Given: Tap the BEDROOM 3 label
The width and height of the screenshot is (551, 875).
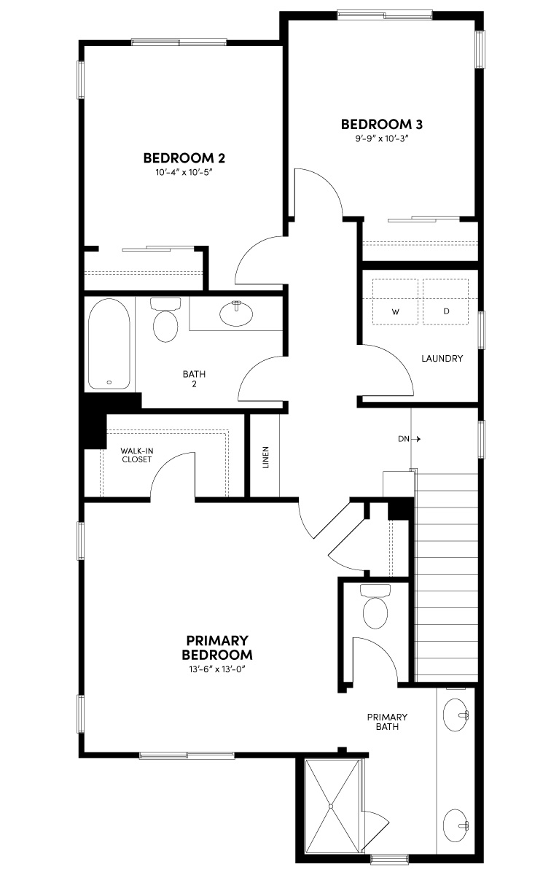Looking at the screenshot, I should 382,123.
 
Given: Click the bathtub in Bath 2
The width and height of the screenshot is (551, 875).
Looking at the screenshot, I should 109,343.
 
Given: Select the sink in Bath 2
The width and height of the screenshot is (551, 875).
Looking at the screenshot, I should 236,314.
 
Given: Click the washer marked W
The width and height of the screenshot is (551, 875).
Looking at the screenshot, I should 396,302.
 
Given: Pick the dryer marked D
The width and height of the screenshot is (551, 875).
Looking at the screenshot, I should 446,302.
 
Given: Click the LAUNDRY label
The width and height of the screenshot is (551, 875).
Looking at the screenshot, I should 442,359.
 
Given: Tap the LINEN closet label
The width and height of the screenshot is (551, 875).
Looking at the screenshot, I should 265,457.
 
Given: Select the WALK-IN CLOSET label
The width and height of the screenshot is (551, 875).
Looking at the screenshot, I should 136,456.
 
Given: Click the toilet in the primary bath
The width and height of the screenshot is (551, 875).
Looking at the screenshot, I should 377,609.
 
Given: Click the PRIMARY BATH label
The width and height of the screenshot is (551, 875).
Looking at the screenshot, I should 387,722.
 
